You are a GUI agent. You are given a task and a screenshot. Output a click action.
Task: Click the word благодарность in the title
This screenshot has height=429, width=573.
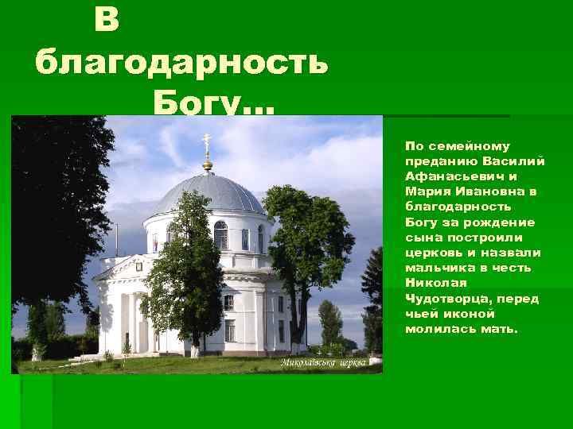point(181,62)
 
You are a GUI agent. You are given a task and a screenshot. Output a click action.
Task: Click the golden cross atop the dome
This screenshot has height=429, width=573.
point(207,148)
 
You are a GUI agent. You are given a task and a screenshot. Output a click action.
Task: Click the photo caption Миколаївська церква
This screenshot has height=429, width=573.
point(323,362)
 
